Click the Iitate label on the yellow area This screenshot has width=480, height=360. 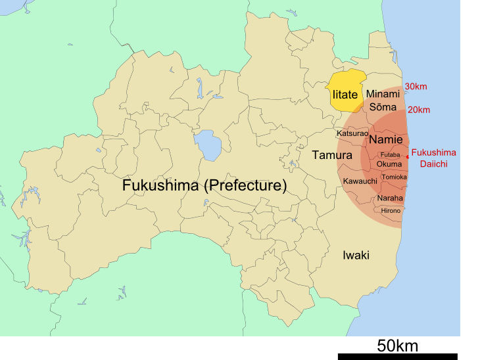(x=345, y=95)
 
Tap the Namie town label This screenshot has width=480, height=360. (x=385, y=140)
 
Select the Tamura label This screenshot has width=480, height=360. (x=332, y=155)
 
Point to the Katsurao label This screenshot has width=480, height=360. (x=352, y=133)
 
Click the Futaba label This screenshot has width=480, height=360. (x=390, y=154)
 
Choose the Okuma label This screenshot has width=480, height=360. (x=389, y=164)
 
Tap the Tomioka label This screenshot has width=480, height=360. (x=394, y=177)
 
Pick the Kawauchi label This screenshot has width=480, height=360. (x=360, y=181)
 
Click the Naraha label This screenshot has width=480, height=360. (x=390, y=198)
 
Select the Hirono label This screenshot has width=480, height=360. (x=391, y=210)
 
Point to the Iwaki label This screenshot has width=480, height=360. (x=356, y=255)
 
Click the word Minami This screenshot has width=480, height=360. (x=383, y=94)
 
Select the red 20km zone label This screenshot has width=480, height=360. (x=419, y=110)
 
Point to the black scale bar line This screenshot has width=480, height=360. (x=397, y=356)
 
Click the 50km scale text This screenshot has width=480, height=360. (x=397, y=345)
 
